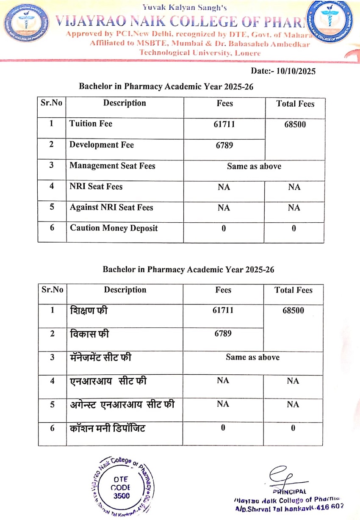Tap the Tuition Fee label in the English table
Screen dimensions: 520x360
(x=91, y=124)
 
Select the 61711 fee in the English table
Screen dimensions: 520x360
(x=224, y=124)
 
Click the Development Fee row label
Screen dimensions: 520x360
(x=102, y=145)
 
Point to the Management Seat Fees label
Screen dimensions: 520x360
(x=112, y=166)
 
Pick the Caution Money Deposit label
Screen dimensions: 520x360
(x=114, y=228)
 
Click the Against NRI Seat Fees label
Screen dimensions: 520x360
(x=111, y=207)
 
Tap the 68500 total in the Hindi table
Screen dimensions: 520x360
(x=293, y=310)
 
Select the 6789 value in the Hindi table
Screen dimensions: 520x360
(x=223, y=333)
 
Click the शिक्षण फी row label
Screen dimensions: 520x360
(x=89, y=310)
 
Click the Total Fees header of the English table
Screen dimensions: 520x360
(x=295, y=104)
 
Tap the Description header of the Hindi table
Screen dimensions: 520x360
(x=125, y=290)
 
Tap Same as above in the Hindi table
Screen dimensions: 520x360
(x=252, y=357)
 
